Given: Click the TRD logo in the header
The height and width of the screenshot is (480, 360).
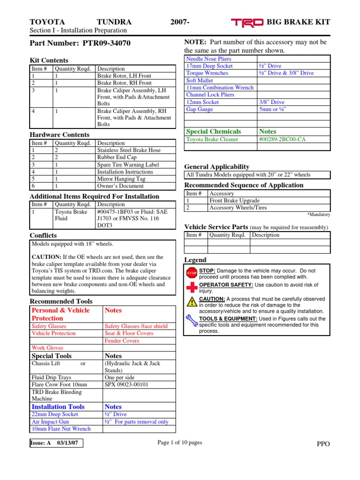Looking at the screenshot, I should point(248,22).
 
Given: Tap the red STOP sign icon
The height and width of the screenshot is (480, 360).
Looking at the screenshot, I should point(192,273).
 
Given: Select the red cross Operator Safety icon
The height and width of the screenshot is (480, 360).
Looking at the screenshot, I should point(192,287).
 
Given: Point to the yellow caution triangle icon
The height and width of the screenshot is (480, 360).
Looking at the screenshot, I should point(192,302).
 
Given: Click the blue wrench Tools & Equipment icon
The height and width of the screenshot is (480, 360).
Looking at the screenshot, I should point(192,321).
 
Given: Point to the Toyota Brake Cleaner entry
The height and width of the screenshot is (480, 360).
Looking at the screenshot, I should point(212,139).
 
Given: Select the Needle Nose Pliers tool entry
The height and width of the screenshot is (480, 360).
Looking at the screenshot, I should point(209,59).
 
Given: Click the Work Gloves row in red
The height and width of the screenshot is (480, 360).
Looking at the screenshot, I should point(47,348).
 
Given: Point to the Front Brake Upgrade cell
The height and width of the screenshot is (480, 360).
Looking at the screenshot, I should point(234,201).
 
